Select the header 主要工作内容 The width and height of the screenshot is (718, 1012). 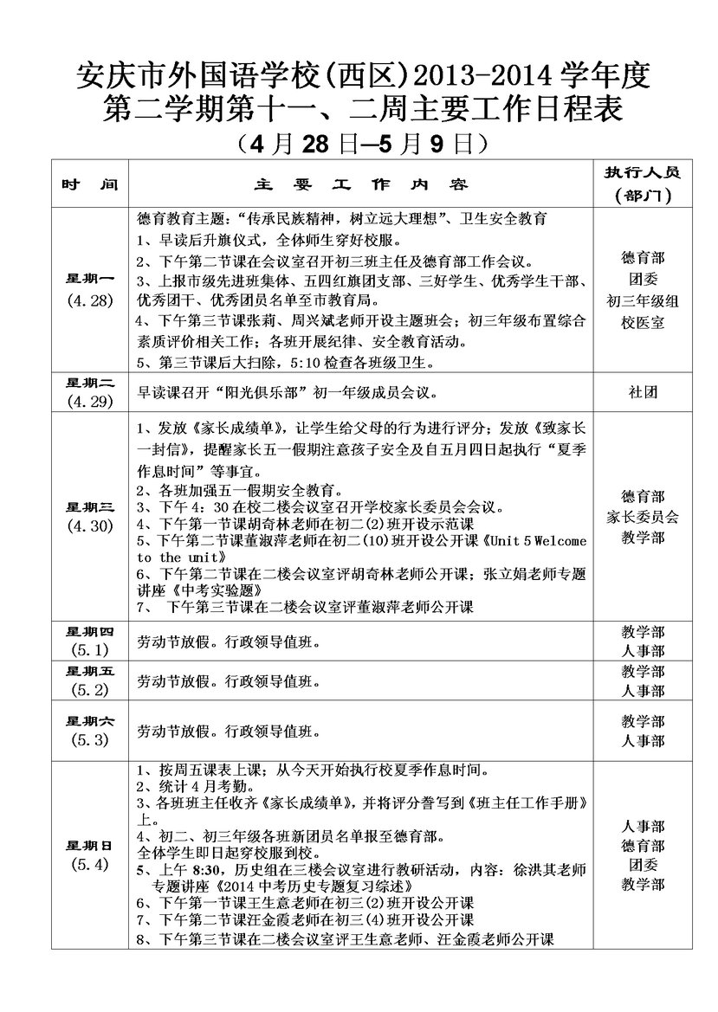(360, 185)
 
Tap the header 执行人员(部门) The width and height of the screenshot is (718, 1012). (643, 184)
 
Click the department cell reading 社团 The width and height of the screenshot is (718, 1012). (643, 391)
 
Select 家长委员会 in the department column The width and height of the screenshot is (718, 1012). (643, 517)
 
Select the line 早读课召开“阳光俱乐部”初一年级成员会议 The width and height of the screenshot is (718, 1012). (287, 392)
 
